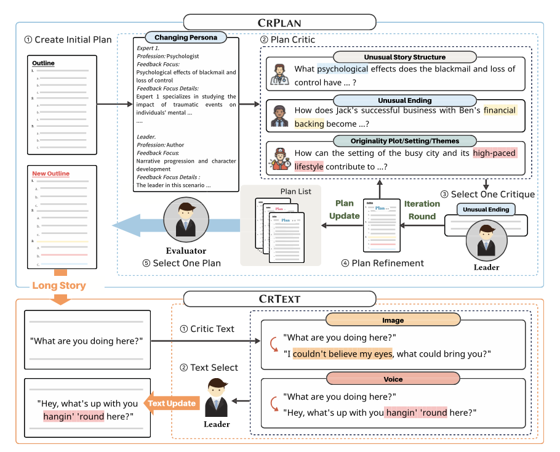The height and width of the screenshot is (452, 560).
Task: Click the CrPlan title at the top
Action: pos(279,23)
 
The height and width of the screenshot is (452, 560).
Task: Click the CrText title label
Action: pos(279,299)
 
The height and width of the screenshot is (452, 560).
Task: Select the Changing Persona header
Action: pos(185,38)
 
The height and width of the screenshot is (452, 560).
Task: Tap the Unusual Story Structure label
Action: pos(404,57)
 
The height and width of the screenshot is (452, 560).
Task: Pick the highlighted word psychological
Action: pos(342,69)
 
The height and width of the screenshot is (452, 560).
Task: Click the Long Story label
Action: pos(60,285)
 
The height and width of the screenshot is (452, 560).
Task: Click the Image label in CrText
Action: pos(393,320)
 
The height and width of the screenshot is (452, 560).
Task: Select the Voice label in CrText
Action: pos(393,379)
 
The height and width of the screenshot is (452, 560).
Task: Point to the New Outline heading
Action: pos(50,174)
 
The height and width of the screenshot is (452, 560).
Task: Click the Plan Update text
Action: pos(344,209)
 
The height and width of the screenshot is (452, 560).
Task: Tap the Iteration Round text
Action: pos(422,209)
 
